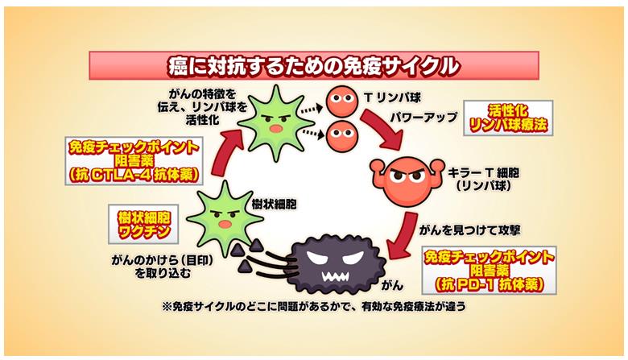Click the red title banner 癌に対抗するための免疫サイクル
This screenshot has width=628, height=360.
click(x=313, y=64)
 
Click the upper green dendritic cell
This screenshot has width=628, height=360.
click(x=278, y=118)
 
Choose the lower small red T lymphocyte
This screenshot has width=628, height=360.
click(x=340, y=130)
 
